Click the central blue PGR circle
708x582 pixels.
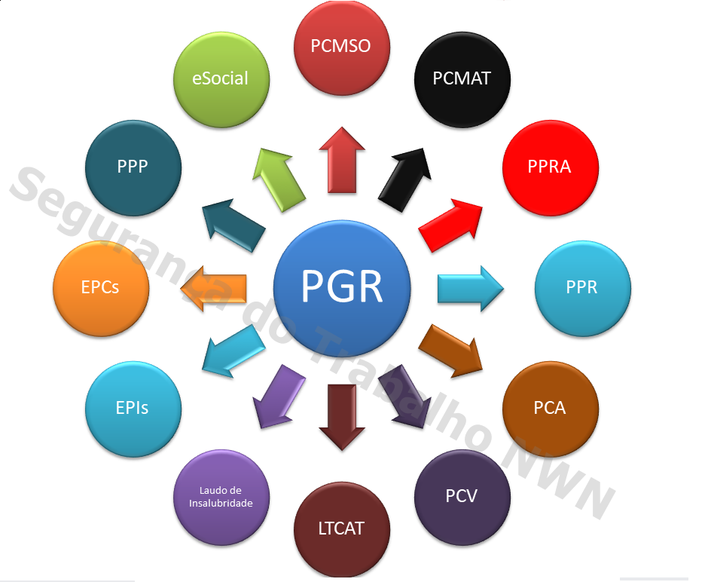point(342,287)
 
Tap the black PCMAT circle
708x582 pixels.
point(462,78)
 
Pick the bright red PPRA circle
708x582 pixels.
point(550,167)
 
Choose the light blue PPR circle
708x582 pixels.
point(581,287)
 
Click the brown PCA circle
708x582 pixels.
point(550,408)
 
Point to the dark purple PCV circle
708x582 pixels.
point(462,497)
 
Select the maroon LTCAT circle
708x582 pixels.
point(341,528)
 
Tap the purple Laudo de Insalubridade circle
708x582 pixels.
point(221,497)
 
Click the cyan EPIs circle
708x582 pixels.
point(133,408)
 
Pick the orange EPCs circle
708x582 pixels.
point(100,287)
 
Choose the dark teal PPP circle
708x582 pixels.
point(133,167)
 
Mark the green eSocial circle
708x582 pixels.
point(221,78)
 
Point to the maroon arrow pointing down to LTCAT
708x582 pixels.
point(342,416)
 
